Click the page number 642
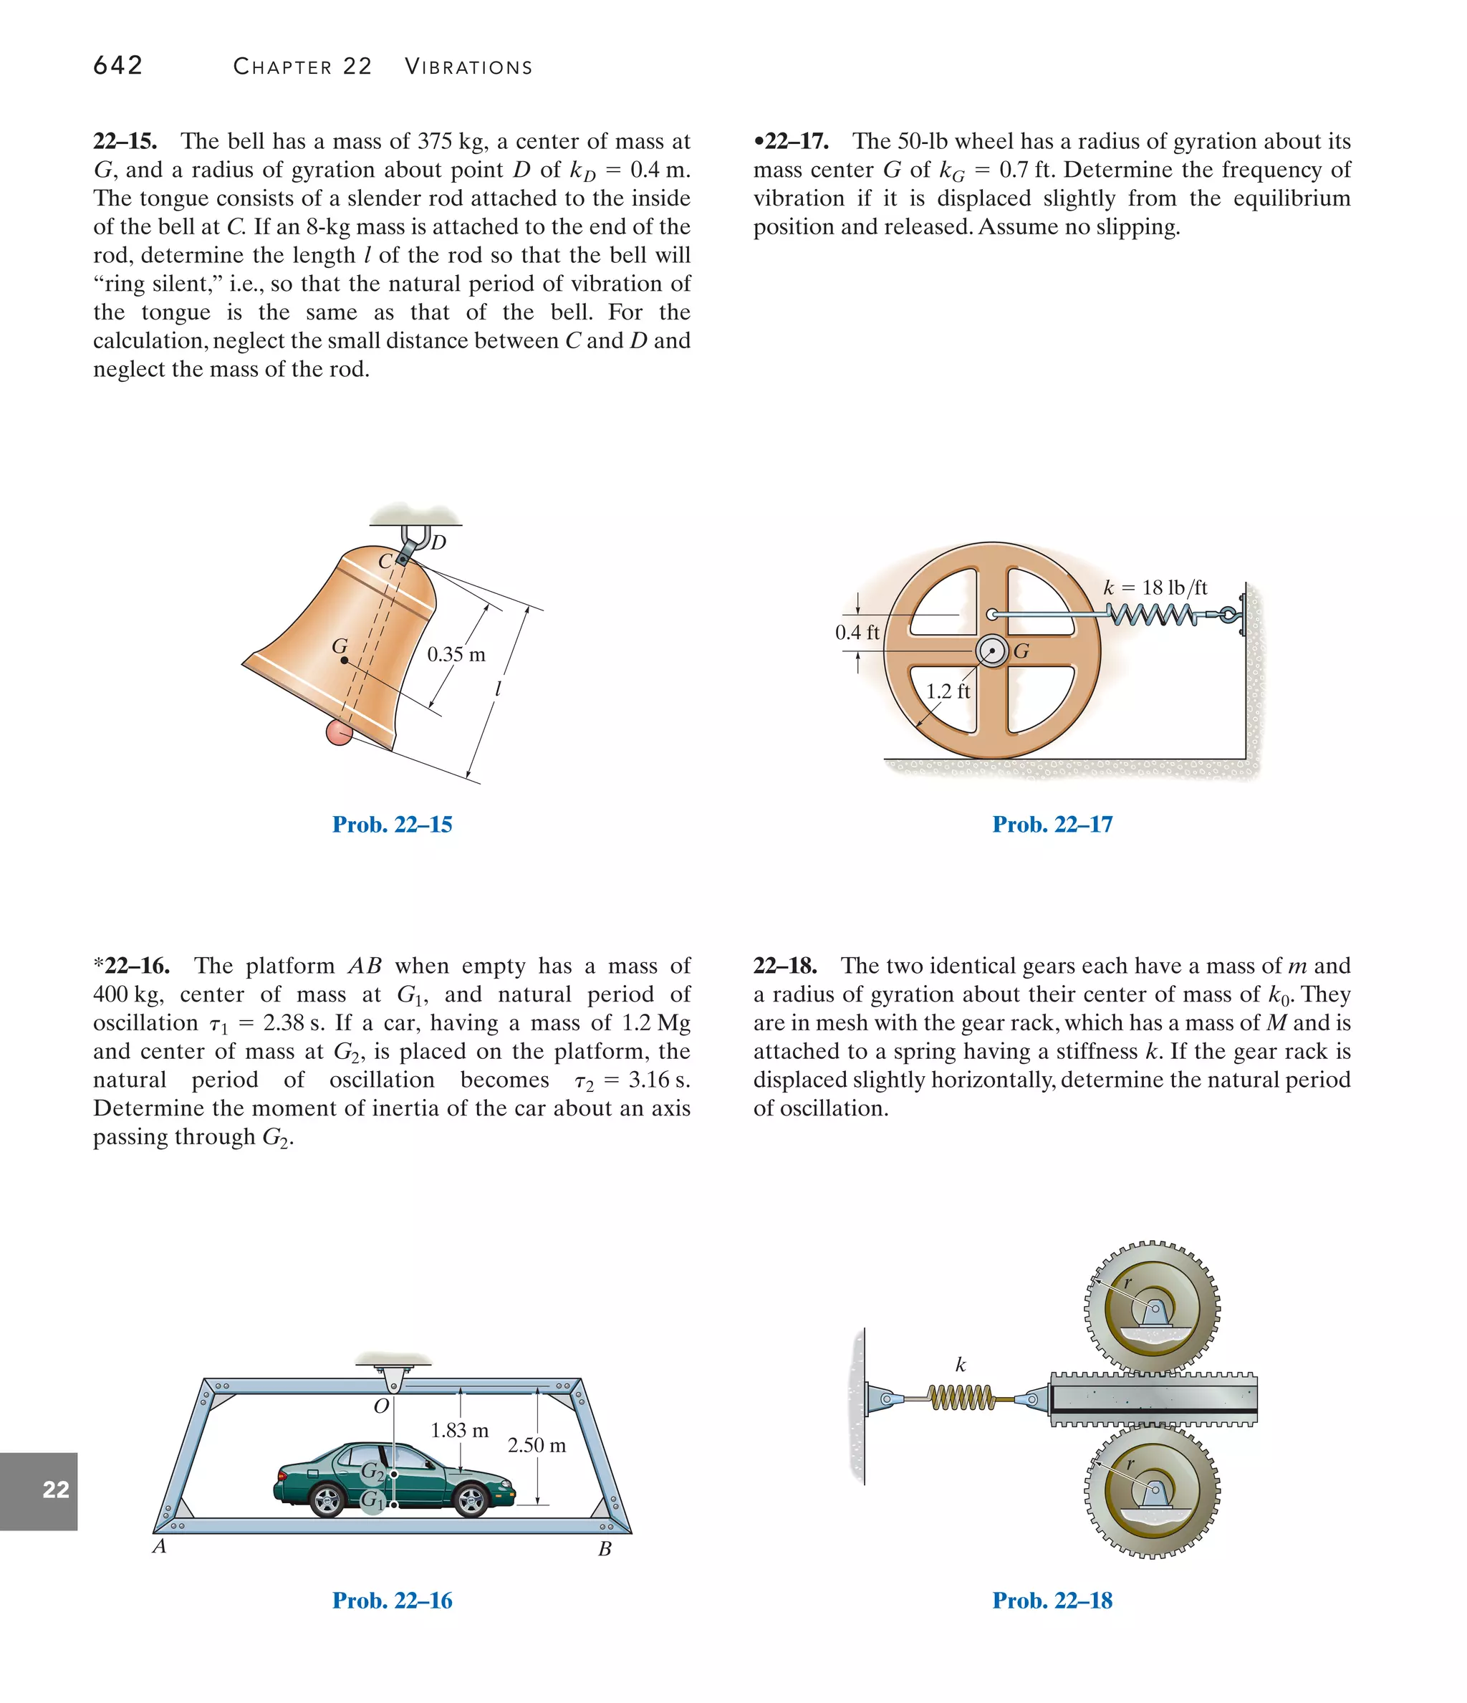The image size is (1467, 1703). point(117,66)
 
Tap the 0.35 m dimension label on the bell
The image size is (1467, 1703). point(456,655)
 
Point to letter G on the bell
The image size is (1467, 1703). point(339,647)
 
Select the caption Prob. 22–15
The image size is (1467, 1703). point(392,825)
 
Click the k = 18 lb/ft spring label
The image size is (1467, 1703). point(1155,587)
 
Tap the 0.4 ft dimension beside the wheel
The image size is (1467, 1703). point(857,632)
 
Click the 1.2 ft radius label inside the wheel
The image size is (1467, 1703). point(948,691)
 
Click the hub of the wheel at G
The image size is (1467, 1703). point(992,652)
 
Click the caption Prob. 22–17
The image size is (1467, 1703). point(1052,825)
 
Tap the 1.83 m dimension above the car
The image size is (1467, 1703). point(459,1430)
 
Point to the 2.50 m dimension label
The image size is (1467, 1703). point(537,1445)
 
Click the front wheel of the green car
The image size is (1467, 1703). point(471,1502)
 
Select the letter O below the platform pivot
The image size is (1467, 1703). point(380,1406)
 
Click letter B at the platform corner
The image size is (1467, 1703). point(605,1549)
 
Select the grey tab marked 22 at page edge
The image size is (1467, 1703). point(39,1490)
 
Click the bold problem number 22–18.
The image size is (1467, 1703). point(785,966)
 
